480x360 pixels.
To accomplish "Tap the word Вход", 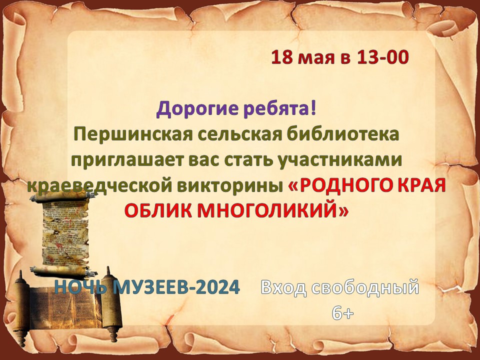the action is click(x=283, y=288).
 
